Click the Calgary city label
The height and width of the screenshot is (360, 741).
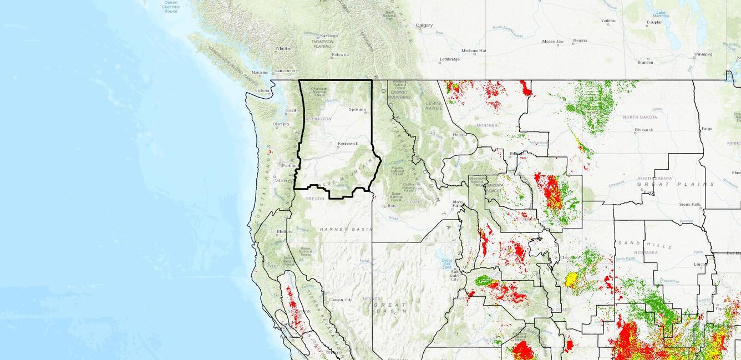pos(424,26)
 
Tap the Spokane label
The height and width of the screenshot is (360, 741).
pos(357,109)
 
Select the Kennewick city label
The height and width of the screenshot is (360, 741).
pos(348,144)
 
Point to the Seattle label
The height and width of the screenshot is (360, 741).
pos(292,110)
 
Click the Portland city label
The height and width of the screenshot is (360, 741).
pos(290,165)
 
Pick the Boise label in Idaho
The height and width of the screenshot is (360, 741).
pos(393,206)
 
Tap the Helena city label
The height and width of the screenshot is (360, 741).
pos(459,135)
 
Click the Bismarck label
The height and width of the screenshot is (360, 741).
pos(644,130)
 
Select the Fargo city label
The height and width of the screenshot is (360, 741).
pos(707,129)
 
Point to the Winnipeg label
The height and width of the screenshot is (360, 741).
pos(702,54)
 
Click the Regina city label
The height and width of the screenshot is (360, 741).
pos(580,40)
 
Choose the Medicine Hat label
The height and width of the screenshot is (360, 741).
pos(474,50)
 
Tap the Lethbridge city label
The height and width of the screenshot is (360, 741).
pos(450,59)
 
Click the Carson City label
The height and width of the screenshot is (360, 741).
pos(340,300)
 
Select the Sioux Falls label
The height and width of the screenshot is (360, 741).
pos(690,204)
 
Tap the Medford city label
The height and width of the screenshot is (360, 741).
pos(285,231)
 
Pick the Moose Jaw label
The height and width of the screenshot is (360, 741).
pos(552,42)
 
